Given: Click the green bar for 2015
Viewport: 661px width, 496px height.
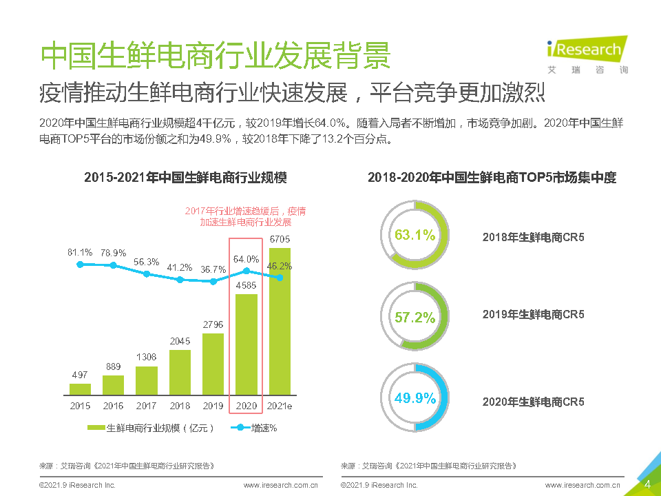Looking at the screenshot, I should coord(80,389).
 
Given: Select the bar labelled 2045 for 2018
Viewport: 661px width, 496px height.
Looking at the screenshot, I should coord(180,372).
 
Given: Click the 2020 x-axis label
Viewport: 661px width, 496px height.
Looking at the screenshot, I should coord(246,406).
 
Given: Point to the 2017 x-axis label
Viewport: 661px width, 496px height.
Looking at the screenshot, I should coord(146,406).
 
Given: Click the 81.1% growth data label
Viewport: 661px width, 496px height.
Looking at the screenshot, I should coord(80,252).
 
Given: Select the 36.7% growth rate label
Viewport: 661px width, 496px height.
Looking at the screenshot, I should coord(213,269).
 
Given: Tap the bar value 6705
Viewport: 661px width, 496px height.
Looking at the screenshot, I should coord(280,239).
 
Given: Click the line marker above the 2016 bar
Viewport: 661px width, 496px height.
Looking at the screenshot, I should coord(113,265).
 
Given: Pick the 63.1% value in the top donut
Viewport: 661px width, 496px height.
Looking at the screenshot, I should coord(415,235).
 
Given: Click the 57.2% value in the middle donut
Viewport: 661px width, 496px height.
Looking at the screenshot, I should coord(415,318).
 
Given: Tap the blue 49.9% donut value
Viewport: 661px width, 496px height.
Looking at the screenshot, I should coord(415,398).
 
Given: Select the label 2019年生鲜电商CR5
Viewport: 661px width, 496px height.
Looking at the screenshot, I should coord(533,314).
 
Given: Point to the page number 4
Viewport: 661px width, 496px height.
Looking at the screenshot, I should coord(647,484).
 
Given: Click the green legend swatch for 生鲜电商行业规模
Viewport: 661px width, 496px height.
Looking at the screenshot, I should coord(96,428).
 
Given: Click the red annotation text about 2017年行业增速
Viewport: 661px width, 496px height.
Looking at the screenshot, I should coord(245,216).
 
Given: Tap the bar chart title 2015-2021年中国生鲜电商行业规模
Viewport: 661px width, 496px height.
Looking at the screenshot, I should coord(185,178).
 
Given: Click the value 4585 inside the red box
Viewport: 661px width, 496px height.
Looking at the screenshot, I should coord(246,285).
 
